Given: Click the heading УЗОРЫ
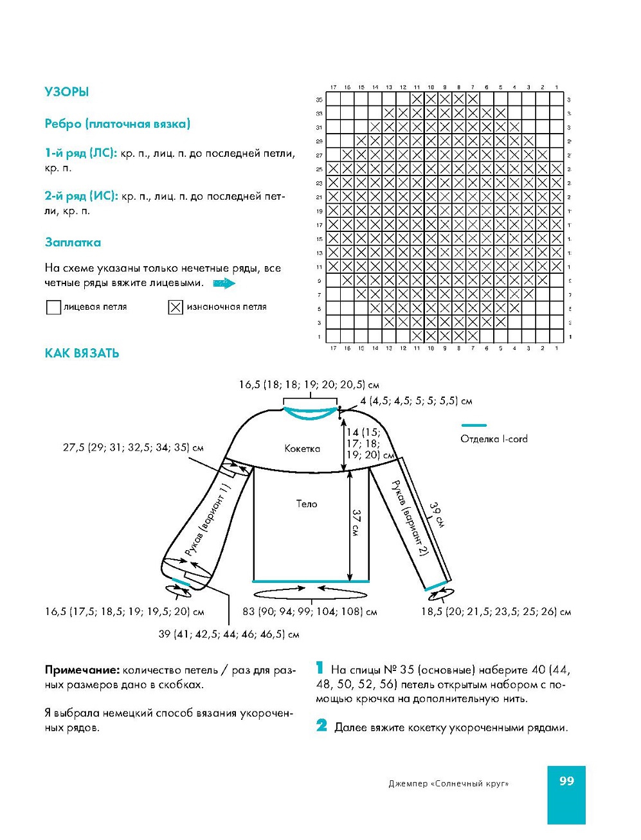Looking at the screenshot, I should (x=66, y=92).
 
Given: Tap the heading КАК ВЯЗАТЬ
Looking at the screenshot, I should (x=82, y=353).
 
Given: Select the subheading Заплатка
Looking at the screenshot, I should (x=73, y=242).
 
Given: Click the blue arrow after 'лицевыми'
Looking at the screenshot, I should (x=224, y=283).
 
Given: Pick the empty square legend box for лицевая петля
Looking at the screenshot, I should (x=53, y=307).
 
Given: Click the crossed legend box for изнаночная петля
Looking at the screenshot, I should (x=176, y=307).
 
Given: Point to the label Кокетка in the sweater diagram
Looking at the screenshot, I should (x=302, y=449).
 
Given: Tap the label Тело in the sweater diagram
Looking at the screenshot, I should (x=307, y=504).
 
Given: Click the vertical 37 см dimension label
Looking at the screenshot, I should (x=356, y=523).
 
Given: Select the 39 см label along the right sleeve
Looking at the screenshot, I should (x=437, y=515).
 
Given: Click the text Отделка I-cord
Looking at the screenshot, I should (x=494, y=439).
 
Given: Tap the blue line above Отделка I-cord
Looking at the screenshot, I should (x=474, y=425).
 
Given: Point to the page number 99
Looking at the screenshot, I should (x=566, y=781).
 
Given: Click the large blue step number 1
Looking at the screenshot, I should (x=320, y=669).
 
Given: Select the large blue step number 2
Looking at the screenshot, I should (x=322, y=726).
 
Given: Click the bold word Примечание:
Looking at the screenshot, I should (x=82, y=670).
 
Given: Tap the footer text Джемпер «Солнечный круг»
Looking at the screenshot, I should (x=448, y=783).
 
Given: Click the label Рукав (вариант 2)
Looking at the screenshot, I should (x=409, y=518).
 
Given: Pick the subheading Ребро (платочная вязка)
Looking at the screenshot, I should (x=117, y=124).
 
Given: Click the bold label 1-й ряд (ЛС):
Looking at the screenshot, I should (x=80, y=154).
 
